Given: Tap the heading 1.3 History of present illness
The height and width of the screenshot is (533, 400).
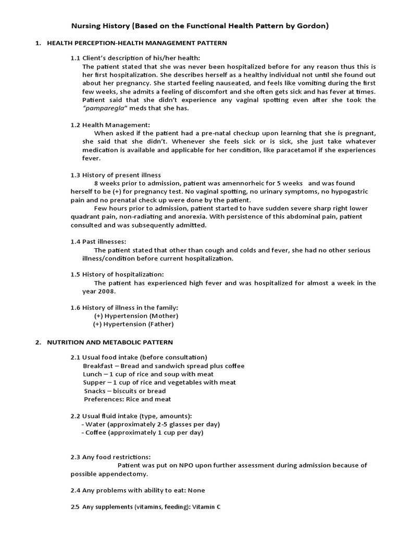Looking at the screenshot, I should (116, 175).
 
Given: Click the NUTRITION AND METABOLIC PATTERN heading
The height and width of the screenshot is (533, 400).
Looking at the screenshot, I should (110, 342).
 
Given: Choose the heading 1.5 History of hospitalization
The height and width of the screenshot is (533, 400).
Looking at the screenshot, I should (117, 274).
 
